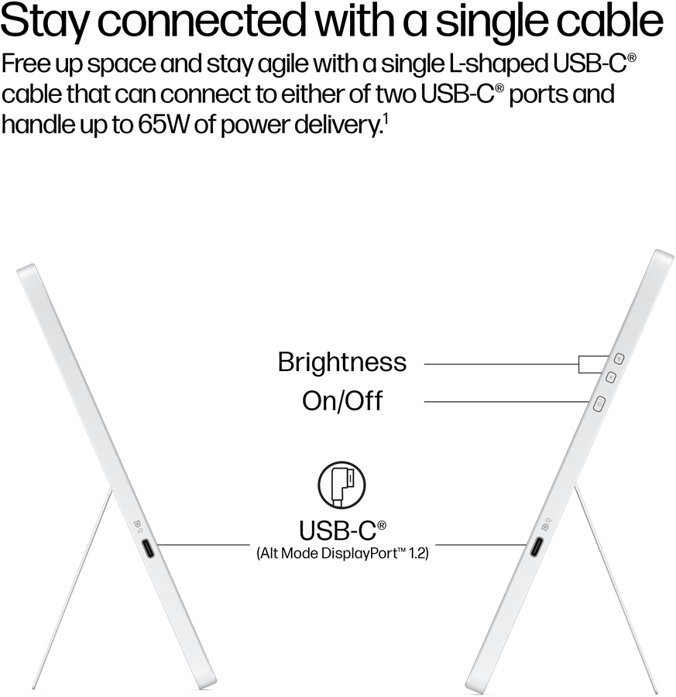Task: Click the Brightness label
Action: [341, 362]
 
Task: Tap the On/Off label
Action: [341, 401]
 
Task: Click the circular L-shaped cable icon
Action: [341, 485]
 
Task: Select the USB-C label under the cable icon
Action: [341, 530]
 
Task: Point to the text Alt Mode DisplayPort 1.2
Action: [341, 555]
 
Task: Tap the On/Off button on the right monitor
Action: [598, 403]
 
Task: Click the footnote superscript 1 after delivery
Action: [384, 120]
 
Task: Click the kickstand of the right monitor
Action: [616, 589]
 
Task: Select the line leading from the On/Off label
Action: [503, 401]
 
